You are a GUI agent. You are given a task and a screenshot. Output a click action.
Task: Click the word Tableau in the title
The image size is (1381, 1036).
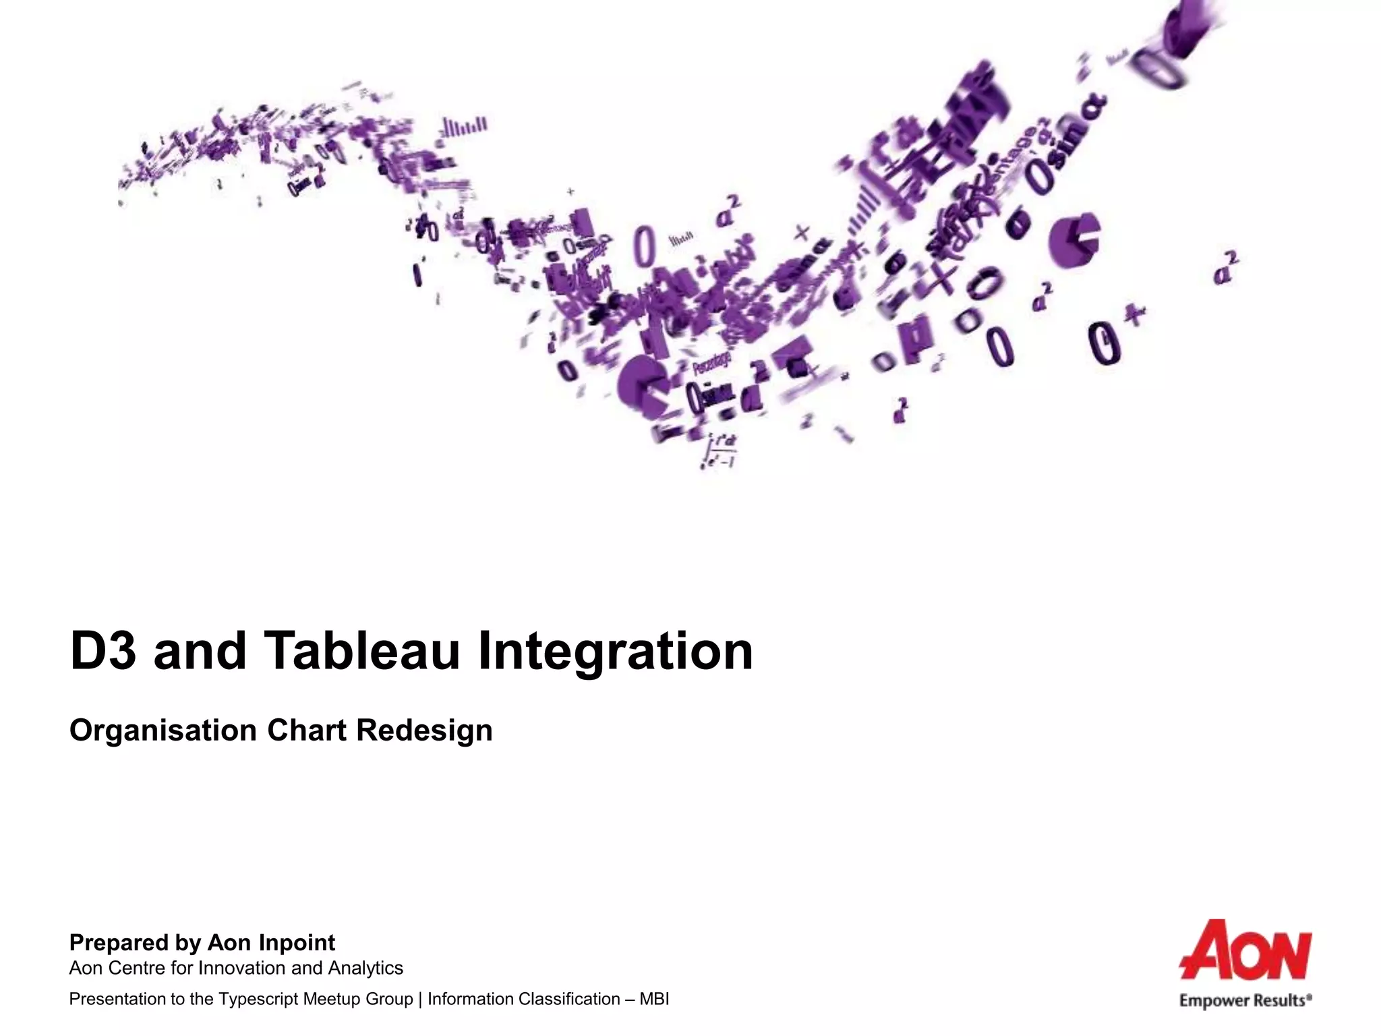[361, 651]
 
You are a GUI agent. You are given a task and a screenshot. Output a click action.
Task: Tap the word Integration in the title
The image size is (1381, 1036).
[615, 652]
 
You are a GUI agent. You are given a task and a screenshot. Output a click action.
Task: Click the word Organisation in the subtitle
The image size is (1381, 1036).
[163, 731]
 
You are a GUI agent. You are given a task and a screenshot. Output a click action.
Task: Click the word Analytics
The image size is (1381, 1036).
[365, 969]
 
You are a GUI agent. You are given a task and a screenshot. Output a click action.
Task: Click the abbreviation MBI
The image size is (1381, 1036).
[654, 1000]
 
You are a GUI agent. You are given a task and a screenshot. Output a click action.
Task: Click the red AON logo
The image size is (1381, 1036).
[1245, 950]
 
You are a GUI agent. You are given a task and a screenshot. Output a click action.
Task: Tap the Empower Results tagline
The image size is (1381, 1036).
[1245, 1001]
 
